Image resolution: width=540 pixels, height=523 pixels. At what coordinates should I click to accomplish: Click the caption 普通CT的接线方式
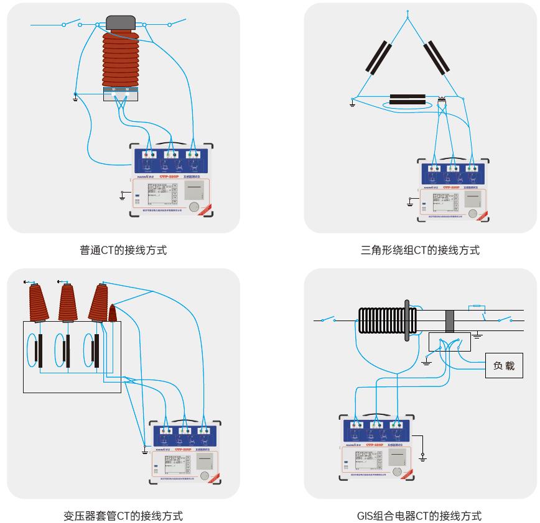[x=123, y=250]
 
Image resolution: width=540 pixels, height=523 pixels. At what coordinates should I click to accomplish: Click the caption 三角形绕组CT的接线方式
[x=420, y=250]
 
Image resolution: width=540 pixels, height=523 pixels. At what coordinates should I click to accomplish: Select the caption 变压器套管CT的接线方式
[x=123, y=516]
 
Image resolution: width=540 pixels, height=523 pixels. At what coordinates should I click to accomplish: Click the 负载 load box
[x=503, y=366]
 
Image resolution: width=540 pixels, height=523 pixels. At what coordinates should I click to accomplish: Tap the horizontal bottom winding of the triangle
[x=407, y=99]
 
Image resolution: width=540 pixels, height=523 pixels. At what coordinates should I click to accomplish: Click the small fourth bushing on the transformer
[x=113, y=313]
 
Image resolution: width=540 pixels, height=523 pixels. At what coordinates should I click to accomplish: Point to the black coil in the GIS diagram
[x=381, y=321]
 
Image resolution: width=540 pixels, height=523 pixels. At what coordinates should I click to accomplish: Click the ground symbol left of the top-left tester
[x=122, y=198]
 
